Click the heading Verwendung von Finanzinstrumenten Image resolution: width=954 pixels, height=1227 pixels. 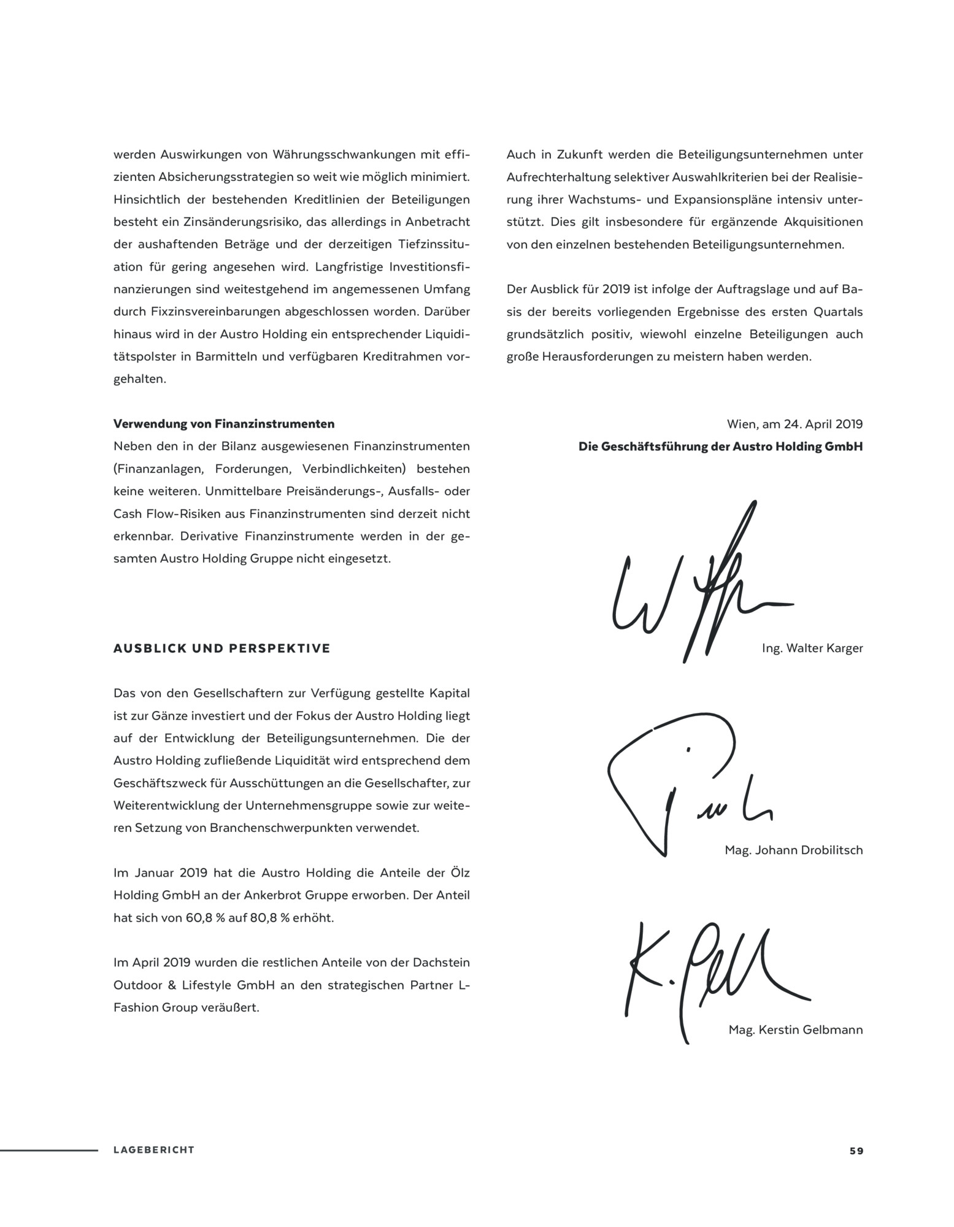(x=224, y=424)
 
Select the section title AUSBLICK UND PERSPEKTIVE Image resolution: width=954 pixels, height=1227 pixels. (x=221, y=648)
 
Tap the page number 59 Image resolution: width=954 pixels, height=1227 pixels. (x=856, y=1151)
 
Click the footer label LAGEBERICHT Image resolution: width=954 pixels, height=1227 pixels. (x=153, y=1150)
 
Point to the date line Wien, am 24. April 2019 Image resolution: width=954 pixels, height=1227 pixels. (x=794, y=424)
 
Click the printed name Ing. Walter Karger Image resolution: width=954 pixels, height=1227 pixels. (x=812, y=648)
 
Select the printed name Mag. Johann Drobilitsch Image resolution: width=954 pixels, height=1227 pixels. (x=793, y=850)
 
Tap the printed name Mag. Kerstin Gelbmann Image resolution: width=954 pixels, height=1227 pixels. (x=795, y=1029)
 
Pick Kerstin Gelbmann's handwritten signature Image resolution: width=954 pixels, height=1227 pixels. (x=706, y=975)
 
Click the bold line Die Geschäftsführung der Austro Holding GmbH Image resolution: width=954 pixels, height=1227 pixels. (x=720, y=447)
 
